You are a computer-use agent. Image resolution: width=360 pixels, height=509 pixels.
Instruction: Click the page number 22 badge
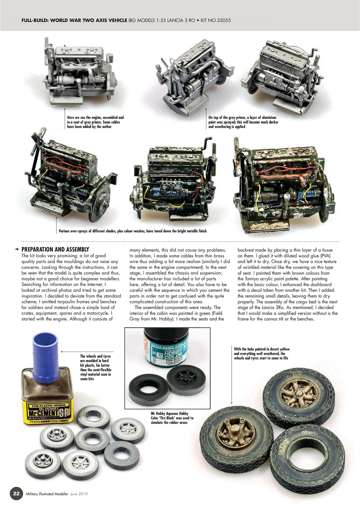pyautogui.click(x=15, y=493)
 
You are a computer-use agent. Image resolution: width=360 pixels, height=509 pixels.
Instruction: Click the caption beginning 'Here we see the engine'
pyautogui.click(x=95, y=122)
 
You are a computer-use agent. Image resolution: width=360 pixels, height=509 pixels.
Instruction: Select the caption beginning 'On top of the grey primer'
pyautogui.click(x=243, y=122)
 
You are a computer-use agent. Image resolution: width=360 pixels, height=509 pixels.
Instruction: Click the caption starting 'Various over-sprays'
pyautogui.click(x=132, y=231)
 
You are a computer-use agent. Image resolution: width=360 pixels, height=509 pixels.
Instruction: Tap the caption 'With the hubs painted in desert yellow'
pyautogui.click(x=260, y=354)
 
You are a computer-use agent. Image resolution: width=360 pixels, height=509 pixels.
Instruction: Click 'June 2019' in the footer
pyautogui.click(x=78, y=494)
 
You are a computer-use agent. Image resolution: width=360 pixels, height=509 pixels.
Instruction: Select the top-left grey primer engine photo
pyautogui.click(x=81, y=72)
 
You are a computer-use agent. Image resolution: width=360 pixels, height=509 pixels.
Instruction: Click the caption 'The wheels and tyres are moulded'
pyautogui.click(x=96, y=367)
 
